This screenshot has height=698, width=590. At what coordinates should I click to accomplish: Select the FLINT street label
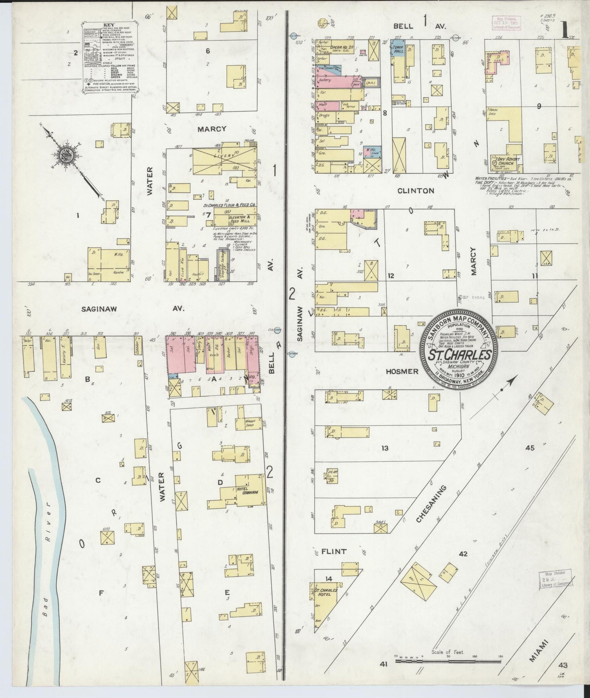(334, 551)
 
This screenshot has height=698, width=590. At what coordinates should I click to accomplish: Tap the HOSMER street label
(402, 371)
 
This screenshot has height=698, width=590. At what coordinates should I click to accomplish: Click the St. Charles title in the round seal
(459, 355)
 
